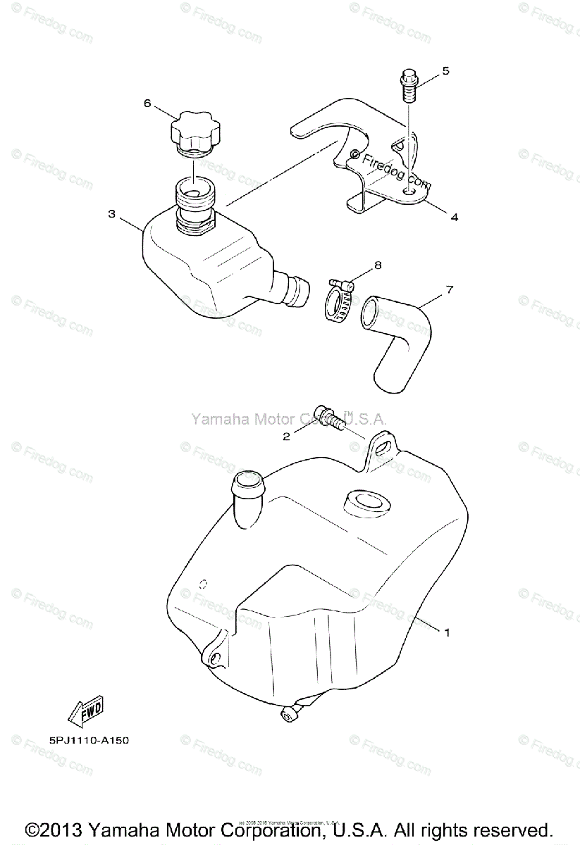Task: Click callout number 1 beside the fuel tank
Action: point(446,632)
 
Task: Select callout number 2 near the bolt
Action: point(287,437)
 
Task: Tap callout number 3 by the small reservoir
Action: point(111,214)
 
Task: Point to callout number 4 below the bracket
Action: point(455,218)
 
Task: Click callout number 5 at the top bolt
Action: point(445,71)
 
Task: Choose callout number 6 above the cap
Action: point(147,104)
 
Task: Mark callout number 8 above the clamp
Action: point(378,265)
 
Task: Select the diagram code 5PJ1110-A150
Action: point(89,741)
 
